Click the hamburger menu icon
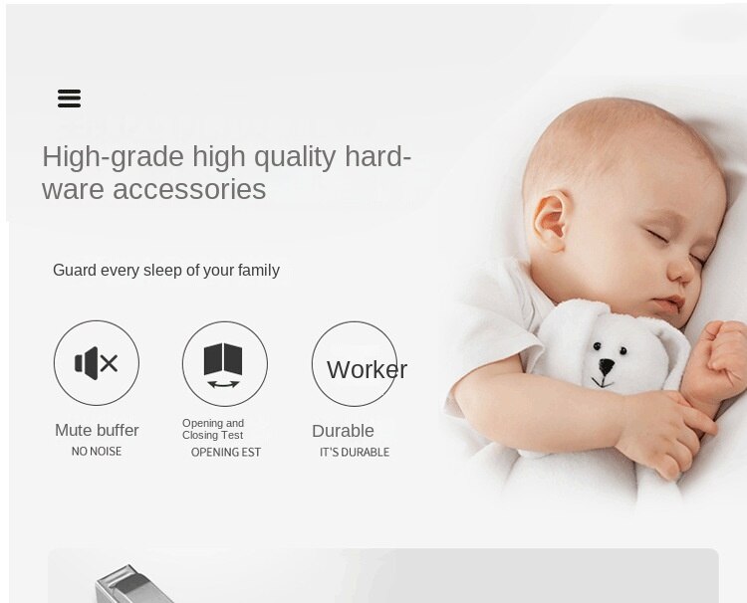tap(69, 99)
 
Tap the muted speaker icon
tap(97, 363)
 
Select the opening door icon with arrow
tap(223, 365)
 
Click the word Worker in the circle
tap(367, 370)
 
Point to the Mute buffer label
tap(97, 430)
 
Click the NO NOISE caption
tap(97, 451)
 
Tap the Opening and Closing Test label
tap(213, 429)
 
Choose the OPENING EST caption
tap(226, 452)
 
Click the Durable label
tap(343, 431)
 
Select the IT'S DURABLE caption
tap(355, 452)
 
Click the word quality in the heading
tap(295, 157)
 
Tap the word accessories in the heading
tap(189, 189)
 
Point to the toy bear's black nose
tap(607, 366)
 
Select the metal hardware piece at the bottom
tap(133, 584)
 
